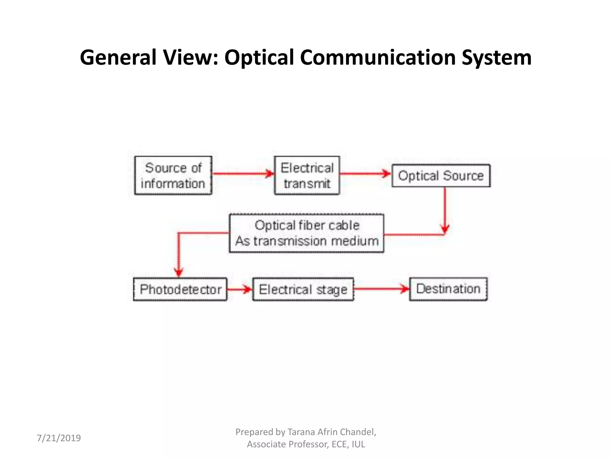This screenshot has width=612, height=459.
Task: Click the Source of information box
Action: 173,175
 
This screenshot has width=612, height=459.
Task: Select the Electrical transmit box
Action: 307,175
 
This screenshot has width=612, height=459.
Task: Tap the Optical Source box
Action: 441,176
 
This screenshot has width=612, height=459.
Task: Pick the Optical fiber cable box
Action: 307,233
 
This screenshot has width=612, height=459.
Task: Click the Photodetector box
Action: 180,289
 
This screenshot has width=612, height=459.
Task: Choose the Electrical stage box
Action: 303,289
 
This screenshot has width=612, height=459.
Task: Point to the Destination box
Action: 448,289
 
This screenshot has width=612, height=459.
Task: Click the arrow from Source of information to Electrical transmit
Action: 243,174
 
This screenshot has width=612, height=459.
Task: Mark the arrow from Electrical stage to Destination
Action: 381,289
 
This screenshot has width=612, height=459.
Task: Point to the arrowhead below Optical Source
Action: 445,229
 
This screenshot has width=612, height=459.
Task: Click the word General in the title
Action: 118,57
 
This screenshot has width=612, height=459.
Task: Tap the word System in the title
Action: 496,57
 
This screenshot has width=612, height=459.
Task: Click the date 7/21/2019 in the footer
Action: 59,438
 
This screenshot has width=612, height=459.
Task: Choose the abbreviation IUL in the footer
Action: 358,444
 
